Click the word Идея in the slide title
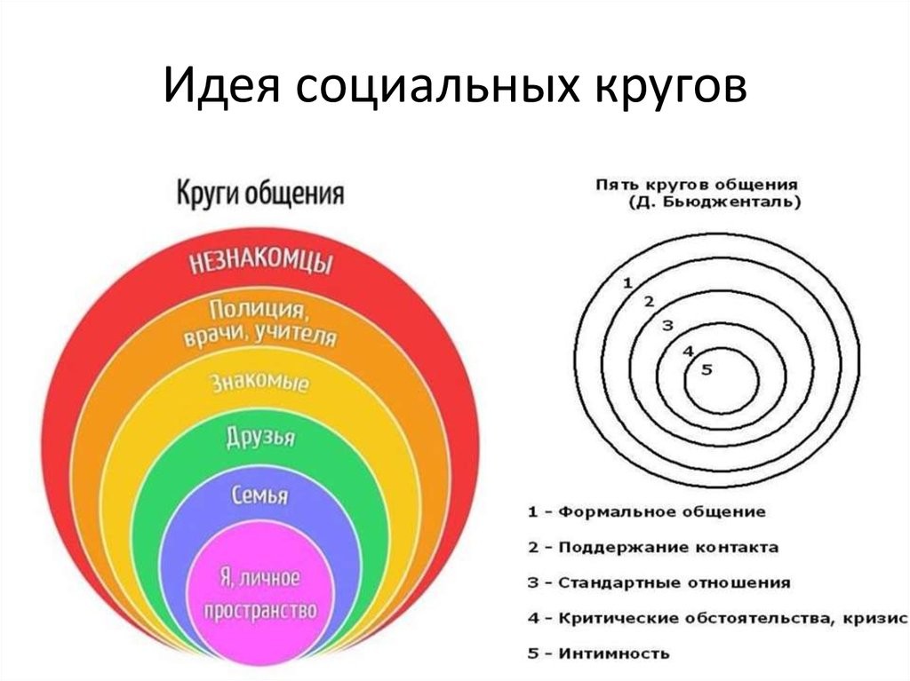tap(221, 85)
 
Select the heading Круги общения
tap(260, 194)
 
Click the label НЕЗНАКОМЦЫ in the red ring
tap(261, 263)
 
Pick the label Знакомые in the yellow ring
tap(259, 383)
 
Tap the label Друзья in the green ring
tap(260, 438)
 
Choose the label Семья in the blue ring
tap(259, 495)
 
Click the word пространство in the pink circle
tap(260, 610)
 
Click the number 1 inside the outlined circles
tap(627, 283)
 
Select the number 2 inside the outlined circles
tap(649, 302)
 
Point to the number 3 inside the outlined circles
tap(667, 326)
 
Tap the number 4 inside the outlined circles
tap(689, 351)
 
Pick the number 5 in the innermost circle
tap(706, 369)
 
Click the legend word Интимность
tap(614, 653)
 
